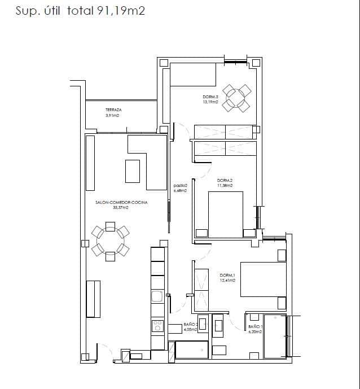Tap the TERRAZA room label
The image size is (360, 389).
point(113,110)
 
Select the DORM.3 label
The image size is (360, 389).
point(210,97)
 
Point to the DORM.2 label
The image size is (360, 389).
point(225,181)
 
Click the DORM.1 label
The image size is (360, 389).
point(227,276)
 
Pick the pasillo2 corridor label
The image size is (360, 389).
point(180,186)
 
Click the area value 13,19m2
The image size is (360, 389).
point(210,102)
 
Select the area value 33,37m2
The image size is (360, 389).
point(121,207)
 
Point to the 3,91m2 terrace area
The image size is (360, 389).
point(113,116)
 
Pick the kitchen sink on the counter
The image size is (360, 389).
point(157,296)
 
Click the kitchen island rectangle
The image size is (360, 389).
point(133,171)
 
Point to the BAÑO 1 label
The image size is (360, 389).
point(255,326)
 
